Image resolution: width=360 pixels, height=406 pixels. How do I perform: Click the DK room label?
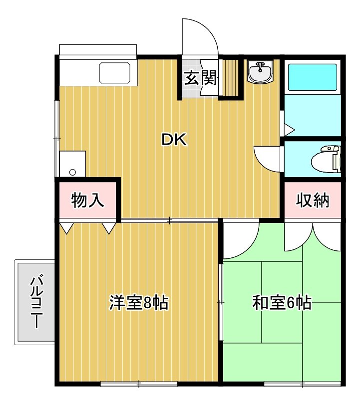[x=174, y=140]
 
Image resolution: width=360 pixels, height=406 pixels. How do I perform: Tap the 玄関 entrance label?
[x=200, y=78]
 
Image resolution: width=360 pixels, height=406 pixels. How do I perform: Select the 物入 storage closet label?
[x=87, y=200]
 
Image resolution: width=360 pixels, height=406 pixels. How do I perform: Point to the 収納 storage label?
[x=313, y=200]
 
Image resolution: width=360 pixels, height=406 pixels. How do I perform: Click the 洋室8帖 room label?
[x=139, y=302]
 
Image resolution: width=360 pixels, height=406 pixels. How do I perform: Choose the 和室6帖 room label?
[x=282, y=302]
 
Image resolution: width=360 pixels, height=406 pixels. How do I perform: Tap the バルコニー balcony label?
[x=37, y=302]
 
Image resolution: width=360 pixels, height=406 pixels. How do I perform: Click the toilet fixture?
[x=326, y=159]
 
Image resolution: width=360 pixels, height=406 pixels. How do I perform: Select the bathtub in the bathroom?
[x=313, y=77]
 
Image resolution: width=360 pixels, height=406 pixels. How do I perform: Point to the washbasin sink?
[x=260, y=71]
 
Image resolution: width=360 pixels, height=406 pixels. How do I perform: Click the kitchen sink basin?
[x=115, y=73]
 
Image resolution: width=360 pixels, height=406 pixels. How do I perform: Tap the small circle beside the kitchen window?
[x=72, y=172]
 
